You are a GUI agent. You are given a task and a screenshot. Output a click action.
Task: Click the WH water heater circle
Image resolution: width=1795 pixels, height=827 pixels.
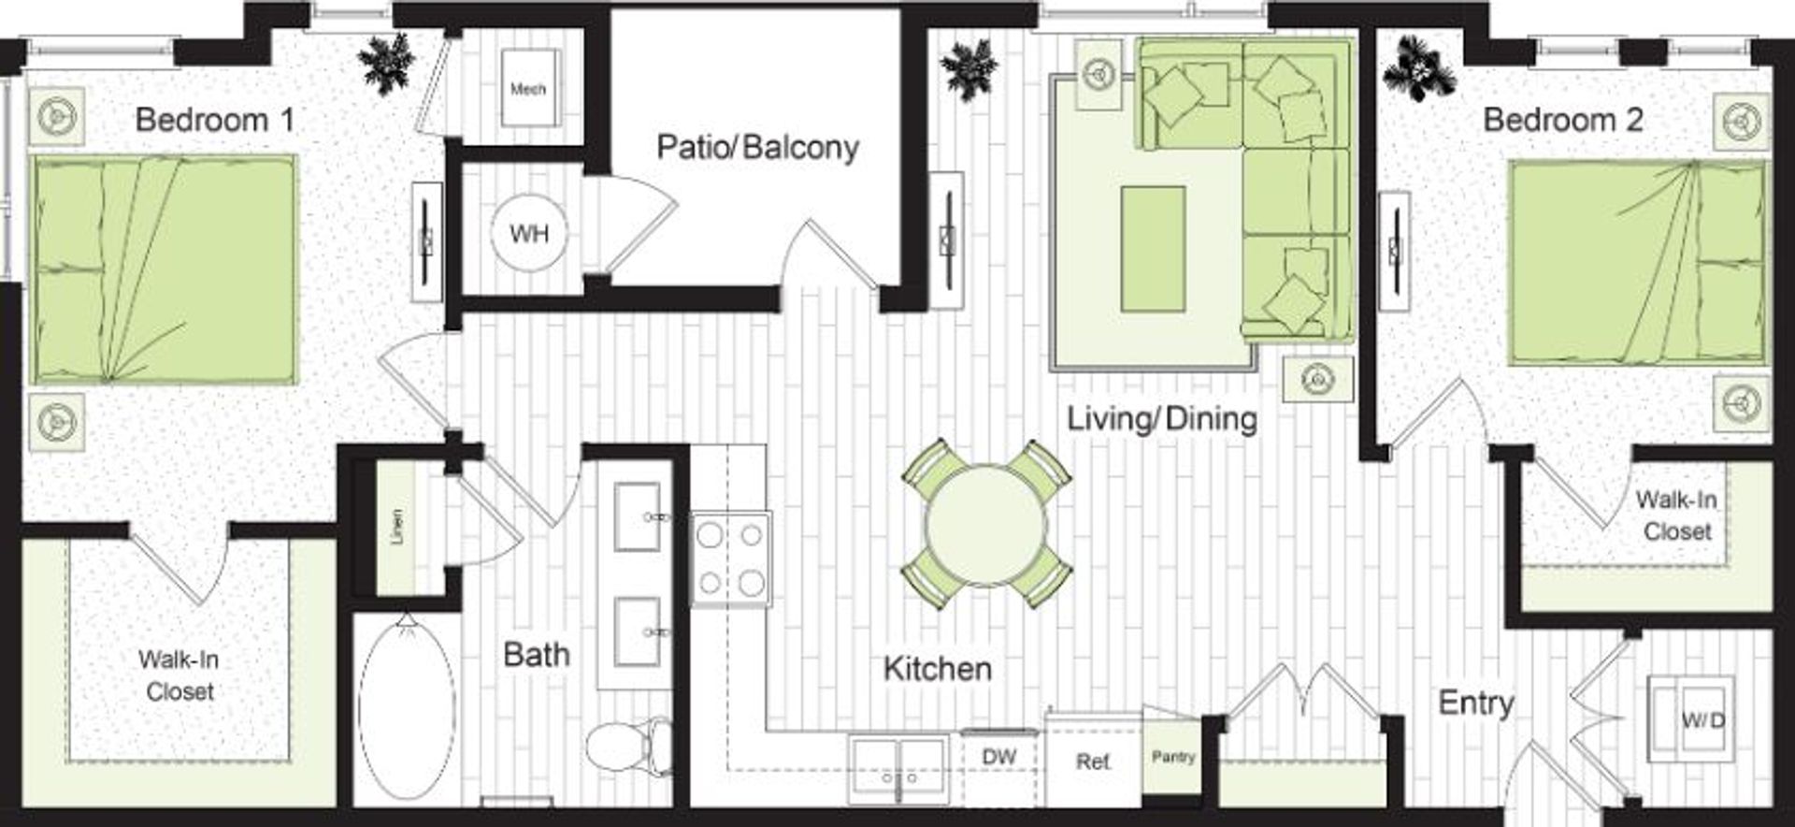529,233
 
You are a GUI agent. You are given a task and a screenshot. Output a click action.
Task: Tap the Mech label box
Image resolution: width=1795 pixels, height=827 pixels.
528,89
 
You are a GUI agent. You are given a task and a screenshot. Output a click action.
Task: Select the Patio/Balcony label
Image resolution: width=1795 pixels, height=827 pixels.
757,148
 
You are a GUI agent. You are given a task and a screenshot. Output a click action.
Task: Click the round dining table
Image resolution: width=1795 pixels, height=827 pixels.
986,525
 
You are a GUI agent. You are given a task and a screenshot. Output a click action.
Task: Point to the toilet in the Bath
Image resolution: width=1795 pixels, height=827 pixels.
630,746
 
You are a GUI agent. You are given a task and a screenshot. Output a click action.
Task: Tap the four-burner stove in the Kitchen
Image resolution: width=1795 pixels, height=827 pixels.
731,559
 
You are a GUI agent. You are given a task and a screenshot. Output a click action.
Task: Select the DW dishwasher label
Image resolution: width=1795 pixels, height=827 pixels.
999,756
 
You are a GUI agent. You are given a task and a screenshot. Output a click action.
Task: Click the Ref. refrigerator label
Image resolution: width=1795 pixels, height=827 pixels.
1093,762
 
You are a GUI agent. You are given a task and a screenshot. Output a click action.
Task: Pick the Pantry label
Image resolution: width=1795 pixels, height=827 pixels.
1173,756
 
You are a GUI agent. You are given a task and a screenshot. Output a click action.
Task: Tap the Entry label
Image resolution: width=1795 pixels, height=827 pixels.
1475,703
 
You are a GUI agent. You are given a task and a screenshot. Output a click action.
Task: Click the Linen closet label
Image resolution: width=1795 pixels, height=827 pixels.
397,528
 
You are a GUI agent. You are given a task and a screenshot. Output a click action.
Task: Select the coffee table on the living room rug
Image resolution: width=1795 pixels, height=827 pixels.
1153,249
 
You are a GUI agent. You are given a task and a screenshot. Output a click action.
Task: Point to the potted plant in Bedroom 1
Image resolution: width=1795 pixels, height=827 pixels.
386,62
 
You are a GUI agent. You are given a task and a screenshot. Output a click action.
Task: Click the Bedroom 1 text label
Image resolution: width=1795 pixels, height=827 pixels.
215,120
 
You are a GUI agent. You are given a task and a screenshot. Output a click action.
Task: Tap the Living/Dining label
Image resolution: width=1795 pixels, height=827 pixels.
1162,418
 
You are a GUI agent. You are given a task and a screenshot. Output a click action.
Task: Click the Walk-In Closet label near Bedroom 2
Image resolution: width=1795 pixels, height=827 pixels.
1676,515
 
